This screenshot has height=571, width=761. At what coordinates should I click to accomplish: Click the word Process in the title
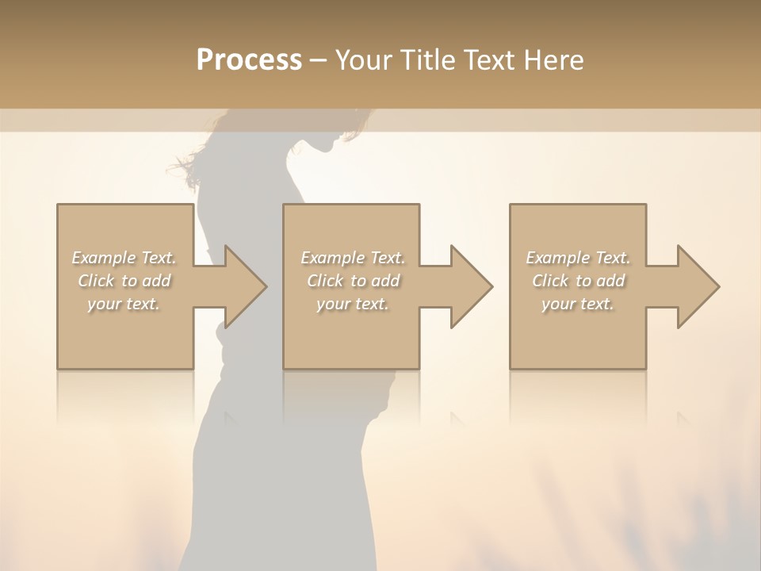249,60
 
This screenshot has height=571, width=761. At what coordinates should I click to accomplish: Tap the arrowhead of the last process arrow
697,286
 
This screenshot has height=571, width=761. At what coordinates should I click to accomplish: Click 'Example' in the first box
103,258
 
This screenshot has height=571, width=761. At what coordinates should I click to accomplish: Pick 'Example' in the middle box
332,258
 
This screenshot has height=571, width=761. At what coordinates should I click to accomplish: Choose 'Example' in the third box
557,258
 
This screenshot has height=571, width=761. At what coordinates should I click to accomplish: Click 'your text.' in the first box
124,304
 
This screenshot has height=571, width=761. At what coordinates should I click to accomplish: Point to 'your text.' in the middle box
353,304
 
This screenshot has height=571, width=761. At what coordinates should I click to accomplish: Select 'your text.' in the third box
578,304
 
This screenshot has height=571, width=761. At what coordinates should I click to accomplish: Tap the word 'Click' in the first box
96,281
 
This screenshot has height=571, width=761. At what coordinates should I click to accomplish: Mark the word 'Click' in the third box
550,281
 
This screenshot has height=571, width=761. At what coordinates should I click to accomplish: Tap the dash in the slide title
319,61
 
